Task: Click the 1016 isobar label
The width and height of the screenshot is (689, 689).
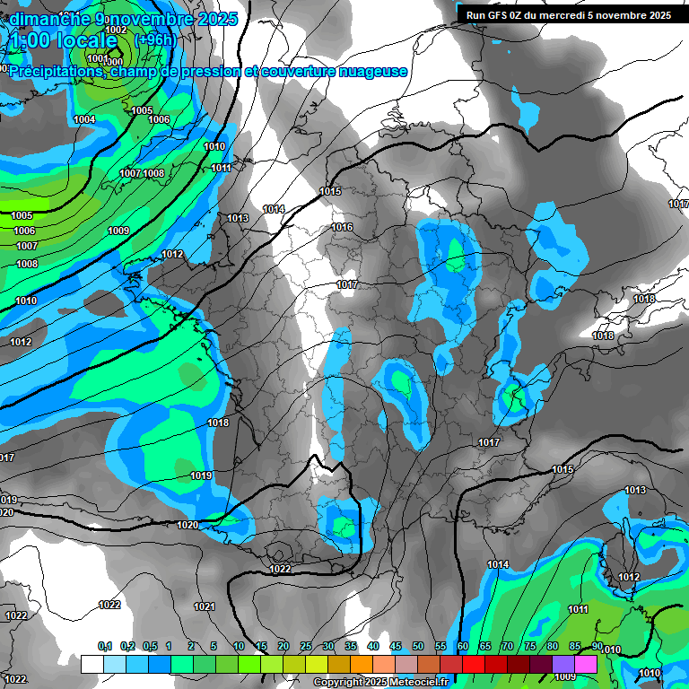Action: pos(342,228)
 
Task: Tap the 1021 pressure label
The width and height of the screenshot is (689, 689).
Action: pos(205,607)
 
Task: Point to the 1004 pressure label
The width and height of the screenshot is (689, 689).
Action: pos(84,119)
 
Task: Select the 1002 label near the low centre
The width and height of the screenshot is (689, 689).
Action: pos(116,30)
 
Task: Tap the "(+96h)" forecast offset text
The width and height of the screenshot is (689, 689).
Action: pos(155,40)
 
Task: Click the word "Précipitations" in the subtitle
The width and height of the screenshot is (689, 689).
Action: pos(56,71)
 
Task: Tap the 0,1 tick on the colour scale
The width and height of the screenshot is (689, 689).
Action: pos(104,646)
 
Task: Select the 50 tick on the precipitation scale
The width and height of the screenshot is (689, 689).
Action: pos(418,646)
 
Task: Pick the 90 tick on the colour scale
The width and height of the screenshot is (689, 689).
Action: pos(597,646)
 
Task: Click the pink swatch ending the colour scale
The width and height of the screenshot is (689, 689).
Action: pos(586,664)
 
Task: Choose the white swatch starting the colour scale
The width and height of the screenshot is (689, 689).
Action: pos(92,664)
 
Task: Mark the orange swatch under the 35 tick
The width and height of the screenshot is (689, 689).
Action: pos(362,664)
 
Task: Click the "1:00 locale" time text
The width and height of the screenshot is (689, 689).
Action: pos(63,40)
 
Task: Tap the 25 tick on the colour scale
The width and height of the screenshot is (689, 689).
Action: pos(306,646)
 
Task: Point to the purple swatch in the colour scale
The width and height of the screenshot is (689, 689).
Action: pos(563,664)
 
